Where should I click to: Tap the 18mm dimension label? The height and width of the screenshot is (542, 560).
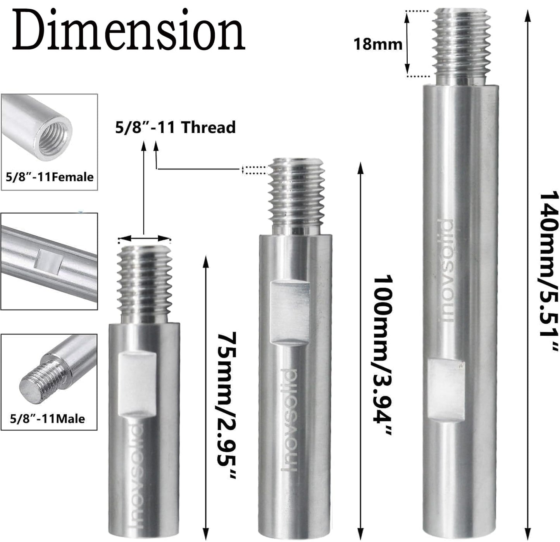(377, 44)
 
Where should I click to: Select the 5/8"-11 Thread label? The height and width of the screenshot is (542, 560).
(175, 128)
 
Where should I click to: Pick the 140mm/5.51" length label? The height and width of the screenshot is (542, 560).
(550, 271)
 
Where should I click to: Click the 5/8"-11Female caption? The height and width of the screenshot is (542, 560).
(50, 177)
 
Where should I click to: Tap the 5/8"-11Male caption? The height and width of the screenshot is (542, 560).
(47, 419)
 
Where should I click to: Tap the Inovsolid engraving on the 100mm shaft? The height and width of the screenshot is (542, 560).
(289, 419)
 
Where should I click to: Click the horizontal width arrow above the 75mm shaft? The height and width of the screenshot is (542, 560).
(144, 239)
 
